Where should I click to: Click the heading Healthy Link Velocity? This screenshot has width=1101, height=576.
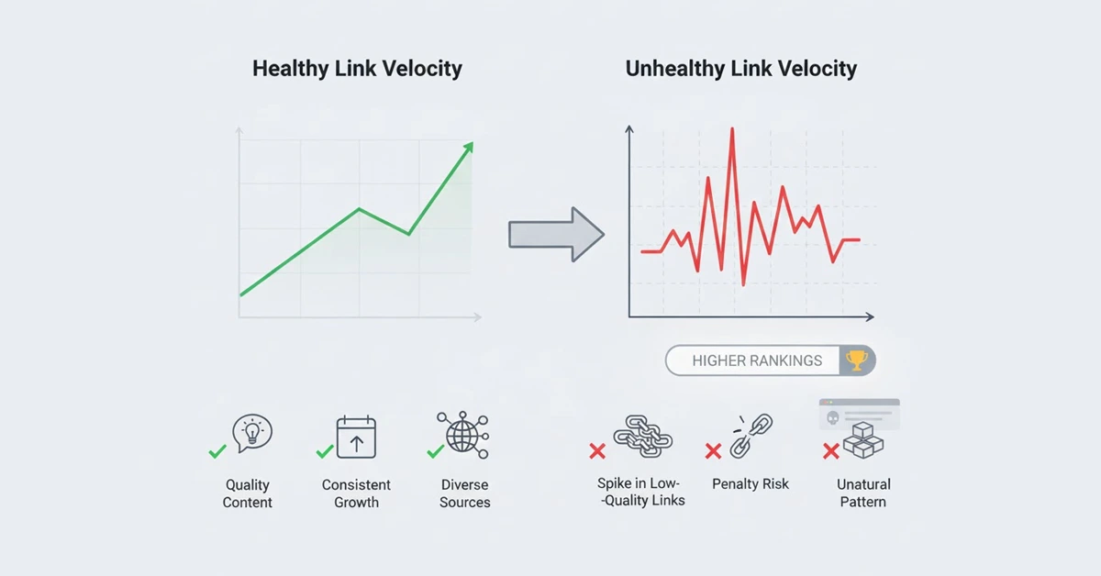coord(357,69)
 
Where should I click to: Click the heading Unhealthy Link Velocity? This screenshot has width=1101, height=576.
coord(741,69)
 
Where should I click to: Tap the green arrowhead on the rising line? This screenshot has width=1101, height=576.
coord(469,148)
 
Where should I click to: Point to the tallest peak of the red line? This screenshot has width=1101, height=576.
coord(732,131)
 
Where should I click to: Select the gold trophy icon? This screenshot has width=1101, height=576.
coord(857,360)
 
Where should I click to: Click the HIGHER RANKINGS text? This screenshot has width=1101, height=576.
coord(757,360)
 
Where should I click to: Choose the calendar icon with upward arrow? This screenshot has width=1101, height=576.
coord(356,437)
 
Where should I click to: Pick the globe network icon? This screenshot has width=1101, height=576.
coord(463,434)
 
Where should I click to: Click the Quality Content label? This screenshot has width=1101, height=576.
coord(248,493)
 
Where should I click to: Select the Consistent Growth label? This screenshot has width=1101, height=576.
coord(356,493)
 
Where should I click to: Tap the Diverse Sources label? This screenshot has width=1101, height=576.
coord(464,493)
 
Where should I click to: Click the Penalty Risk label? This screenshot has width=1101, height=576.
coord(751,484)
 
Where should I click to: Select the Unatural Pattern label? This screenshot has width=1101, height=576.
coord(863,493)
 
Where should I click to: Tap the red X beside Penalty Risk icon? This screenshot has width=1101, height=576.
coord(713,451)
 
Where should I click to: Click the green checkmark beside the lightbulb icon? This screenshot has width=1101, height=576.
coord(217,451)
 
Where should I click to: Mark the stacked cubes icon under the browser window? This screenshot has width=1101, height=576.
coord(862,440)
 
